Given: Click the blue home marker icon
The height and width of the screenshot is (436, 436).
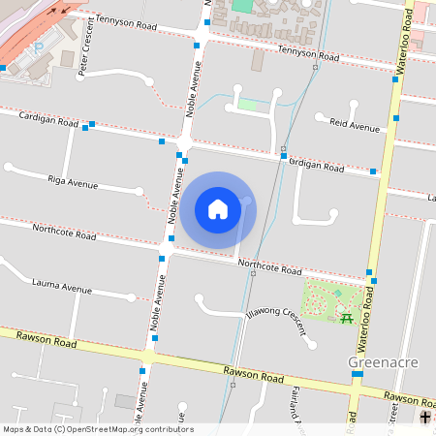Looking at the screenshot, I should (218, 209).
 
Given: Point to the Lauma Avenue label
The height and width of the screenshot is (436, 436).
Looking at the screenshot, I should (62, 288).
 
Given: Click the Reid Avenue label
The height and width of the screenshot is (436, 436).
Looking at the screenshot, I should (354, 126).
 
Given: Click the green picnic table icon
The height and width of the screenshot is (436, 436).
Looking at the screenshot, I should (346, 317).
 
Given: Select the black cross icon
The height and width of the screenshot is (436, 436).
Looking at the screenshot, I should (425, 418).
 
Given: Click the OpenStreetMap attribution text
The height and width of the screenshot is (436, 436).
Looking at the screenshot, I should (98, 428).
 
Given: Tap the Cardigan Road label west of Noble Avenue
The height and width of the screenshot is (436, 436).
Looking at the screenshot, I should (48, 119).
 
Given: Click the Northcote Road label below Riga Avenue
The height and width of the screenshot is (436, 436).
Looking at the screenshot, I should (64, 233).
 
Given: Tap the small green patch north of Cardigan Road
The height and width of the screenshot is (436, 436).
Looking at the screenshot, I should (249, 104).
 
